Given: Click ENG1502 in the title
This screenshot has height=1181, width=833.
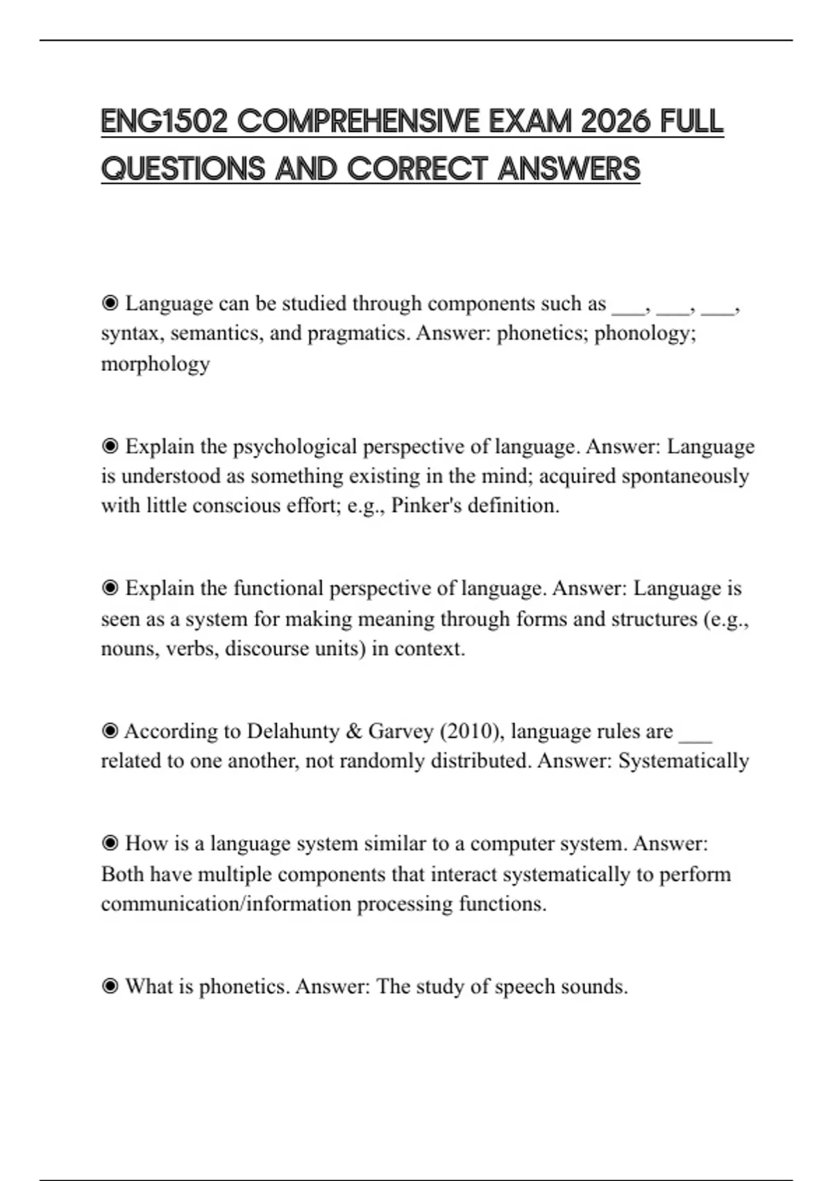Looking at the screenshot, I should coord(164,122).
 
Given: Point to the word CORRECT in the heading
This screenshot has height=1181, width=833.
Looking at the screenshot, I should coord(416,169).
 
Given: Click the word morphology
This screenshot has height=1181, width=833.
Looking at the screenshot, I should coord(155,363).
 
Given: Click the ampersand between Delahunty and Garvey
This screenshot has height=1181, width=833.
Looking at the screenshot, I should coord(354,732).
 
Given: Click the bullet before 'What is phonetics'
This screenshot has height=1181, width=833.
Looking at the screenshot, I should coord(110,986).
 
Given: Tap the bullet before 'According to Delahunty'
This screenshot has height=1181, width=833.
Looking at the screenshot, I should coord(110,732).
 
